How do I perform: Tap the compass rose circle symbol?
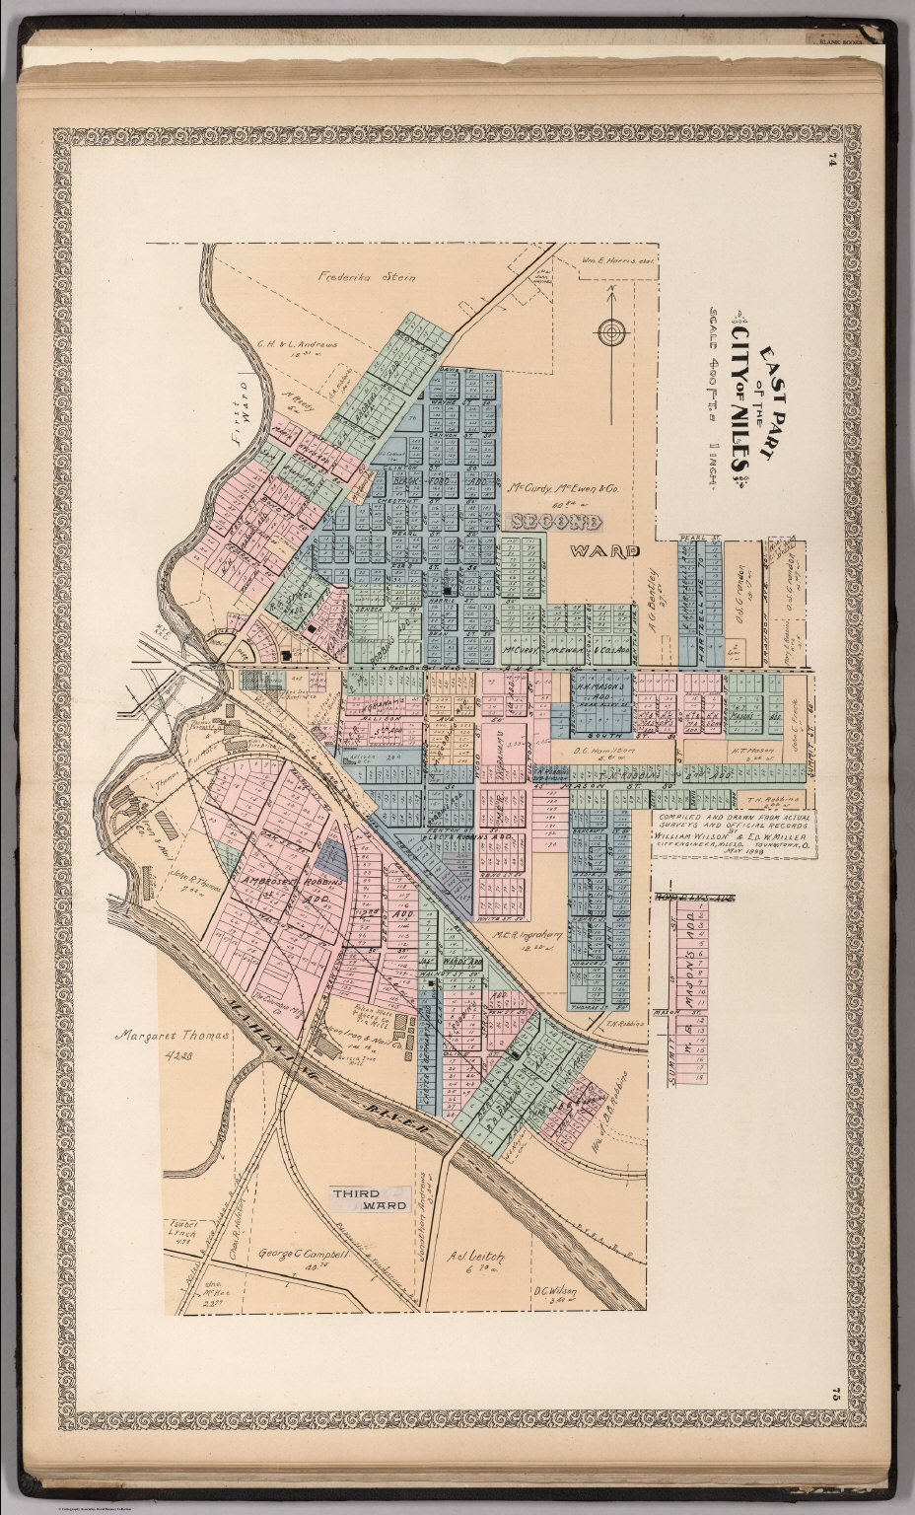point(611,330)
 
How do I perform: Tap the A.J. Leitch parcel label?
point(476,1256)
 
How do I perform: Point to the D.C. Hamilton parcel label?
point(602,753)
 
